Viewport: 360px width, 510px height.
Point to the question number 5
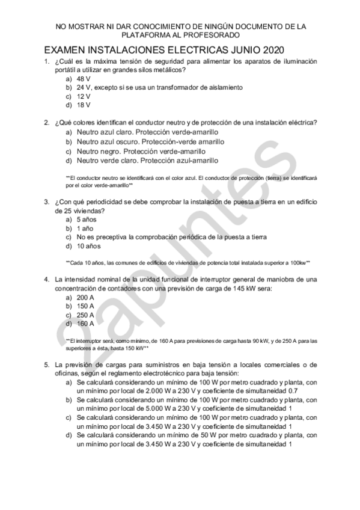[46, 364]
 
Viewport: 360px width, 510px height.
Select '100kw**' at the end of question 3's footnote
[299, 263]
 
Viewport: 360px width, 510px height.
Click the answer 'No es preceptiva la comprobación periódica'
[171, 237]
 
